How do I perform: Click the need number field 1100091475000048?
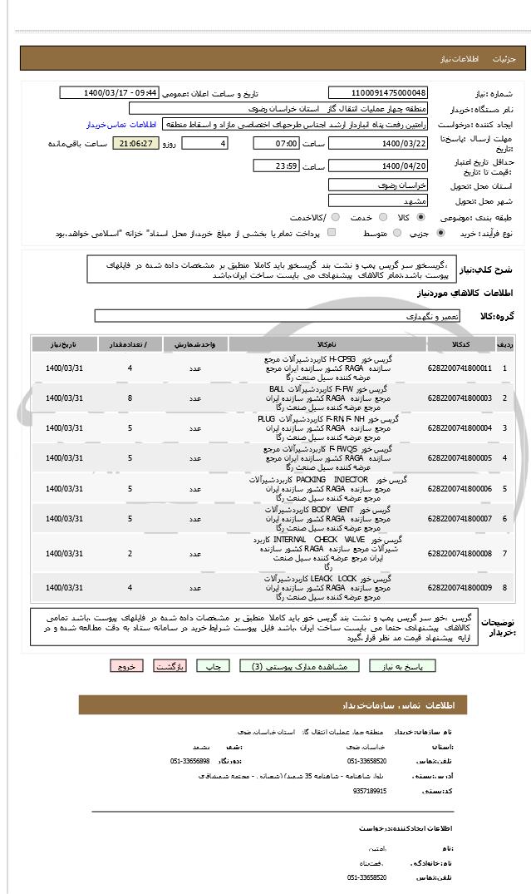click(378, 92)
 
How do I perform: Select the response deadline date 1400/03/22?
click(378, 144)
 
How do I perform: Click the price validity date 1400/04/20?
click(378, 166)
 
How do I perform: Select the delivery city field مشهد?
click(378, 201)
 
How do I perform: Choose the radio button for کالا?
click(420, 218)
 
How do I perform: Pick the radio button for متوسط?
click(396, 234)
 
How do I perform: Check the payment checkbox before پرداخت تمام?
click(332, 234)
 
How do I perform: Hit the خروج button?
click(126, 666)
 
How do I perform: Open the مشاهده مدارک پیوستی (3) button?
click(299, 666)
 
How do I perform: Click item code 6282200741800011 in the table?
click(460, 367)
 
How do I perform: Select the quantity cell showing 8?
click(130, 398)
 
